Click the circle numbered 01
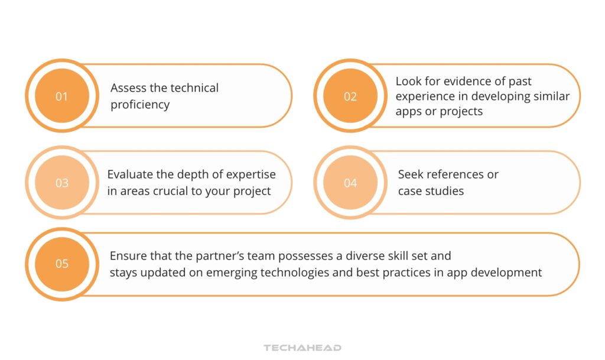point(61,96)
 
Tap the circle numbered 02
point(350,96)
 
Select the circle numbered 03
point(61,183)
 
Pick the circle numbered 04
point(350,183)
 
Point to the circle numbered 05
point(61,264)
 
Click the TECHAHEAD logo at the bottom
point(302,348)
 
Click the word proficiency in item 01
point(140,105)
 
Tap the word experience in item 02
point(422,96)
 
